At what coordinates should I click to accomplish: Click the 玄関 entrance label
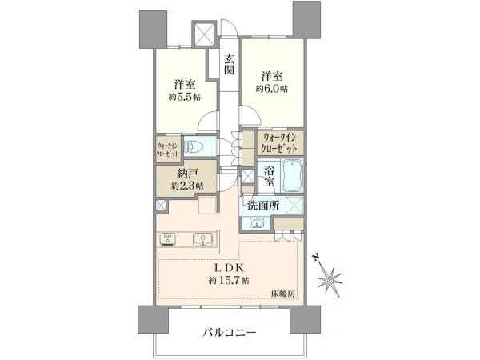(230, 64)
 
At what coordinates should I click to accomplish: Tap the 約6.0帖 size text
(272, 89)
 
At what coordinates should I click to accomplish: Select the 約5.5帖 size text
(185, 97)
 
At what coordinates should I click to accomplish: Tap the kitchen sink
(202, 239)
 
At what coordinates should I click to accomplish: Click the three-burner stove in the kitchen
(167, 239)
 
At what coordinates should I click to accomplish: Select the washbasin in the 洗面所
(256, 223)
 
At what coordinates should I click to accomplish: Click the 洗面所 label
(263, 206)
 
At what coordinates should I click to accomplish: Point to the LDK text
(228, 268)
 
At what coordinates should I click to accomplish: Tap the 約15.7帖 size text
(229, 280)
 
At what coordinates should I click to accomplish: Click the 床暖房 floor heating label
(283, 294)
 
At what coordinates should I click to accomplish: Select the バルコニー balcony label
(230, 333)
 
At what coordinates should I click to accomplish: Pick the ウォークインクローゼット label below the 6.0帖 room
(280, 143)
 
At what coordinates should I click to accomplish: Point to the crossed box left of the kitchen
(161, 206)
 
